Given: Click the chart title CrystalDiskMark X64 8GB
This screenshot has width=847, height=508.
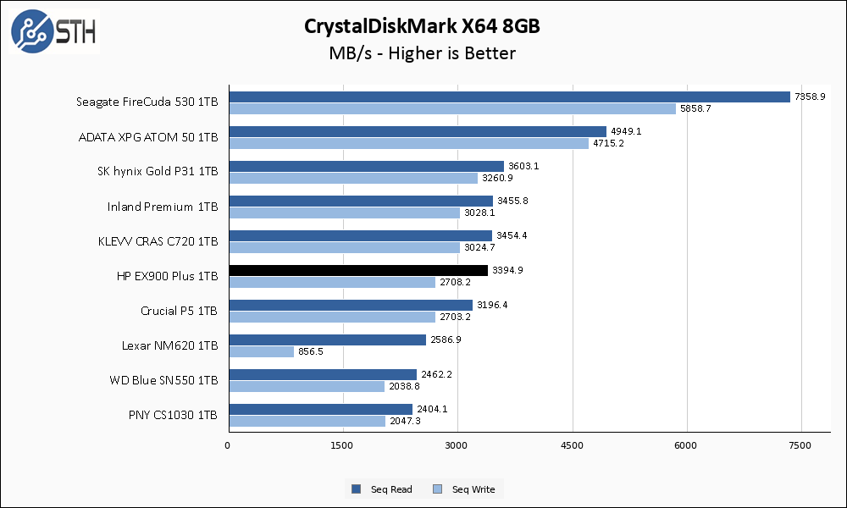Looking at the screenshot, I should pos(423,26).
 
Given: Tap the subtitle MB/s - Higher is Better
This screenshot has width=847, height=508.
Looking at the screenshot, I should pos(423,53).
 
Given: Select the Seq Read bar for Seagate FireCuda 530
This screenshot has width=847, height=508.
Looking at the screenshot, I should pos(508,97).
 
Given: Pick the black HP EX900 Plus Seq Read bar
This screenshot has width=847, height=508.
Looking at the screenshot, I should pos(358,270).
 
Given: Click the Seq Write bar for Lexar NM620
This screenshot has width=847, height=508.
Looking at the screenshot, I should pos(261,351).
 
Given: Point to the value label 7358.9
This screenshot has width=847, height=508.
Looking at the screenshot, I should pos(810,97).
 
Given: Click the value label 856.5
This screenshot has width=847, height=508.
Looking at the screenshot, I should pos(310,351).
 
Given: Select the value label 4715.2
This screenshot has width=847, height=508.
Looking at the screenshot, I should pos(606,143).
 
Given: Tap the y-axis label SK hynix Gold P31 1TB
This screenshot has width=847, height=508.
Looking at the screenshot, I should pos(158,172).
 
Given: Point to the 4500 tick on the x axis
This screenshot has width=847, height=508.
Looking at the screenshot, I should pos(573,445).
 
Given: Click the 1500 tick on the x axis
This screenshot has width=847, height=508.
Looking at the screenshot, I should pos(342,445).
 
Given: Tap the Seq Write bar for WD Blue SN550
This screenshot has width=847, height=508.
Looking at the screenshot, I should pos(306,386).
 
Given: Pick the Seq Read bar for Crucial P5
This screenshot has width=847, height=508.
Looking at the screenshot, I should pos(350,305).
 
